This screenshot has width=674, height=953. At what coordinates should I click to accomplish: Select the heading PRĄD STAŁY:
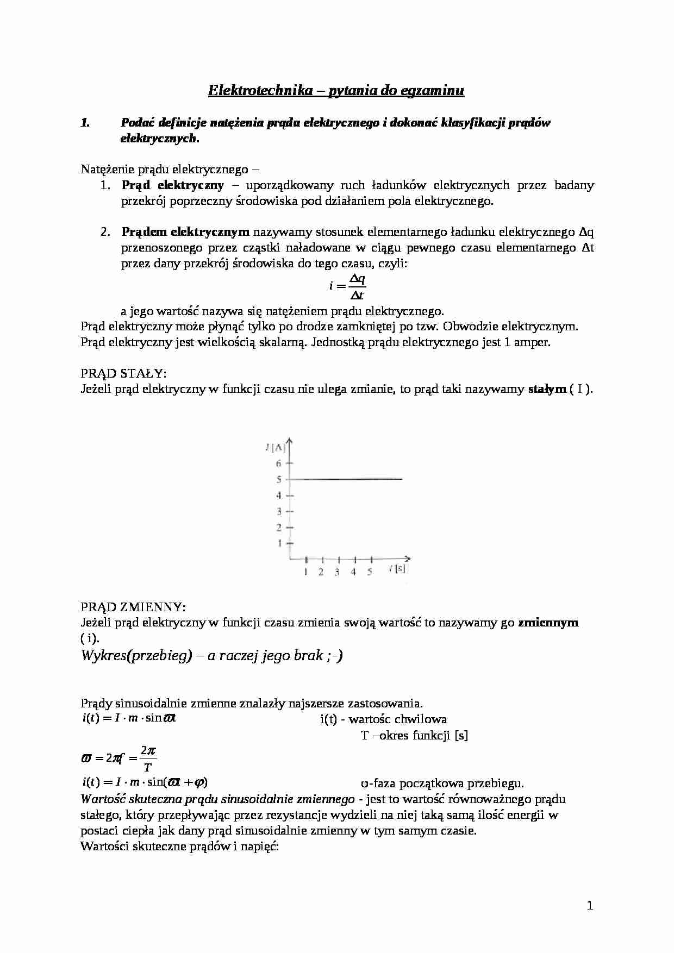123,374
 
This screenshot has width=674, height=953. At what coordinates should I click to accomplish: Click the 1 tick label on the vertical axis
279,543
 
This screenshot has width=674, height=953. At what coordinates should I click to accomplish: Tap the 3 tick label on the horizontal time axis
337,572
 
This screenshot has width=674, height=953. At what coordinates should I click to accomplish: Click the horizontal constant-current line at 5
348,479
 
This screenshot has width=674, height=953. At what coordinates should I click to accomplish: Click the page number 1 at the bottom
590,905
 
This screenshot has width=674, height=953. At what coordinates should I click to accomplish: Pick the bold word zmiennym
548,622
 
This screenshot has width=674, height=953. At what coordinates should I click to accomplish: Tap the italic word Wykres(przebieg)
136,655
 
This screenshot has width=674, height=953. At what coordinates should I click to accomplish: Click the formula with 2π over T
118,758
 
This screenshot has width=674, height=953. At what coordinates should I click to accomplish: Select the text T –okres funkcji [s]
414,736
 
